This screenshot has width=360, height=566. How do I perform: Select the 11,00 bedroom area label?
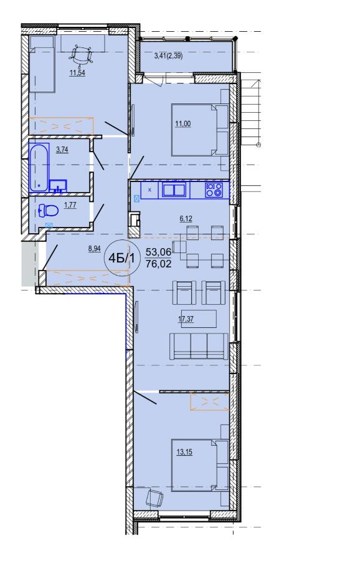(183, 124)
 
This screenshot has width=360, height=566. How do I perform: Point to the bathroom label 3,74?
(62, 150)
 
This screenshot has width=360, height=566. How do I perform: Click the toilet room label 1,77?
(70, 205)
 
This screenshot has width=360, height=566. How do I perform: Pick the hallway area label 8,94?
(95, 249)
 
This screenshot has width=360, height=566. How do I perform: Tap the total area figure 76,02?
(158, 264)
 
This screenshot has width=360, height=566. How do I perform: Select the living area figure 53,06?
(158, 252)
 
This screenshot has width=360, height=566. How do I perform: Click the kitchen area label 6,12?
(186, 218)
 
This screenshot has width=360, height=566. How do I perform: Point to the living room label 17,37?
(186, 319)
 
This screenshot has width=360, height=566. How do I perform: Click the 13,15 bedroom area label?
(184, 451)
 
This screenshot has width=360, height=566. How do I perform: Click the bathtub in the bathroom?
(39, 168)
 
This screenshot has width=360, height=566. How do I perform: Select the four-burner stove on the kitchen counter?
(214, 190)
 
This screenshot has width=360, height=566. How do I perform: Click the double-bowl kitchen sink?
(174, 189)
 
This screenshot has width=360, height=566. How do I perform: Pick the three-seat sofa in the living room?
(199, 346)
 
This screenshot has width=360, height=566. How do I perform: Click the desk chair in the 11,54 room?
(81, 54)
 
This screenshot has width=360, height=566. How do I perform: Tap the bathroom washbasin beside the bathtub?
(58, 186)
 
